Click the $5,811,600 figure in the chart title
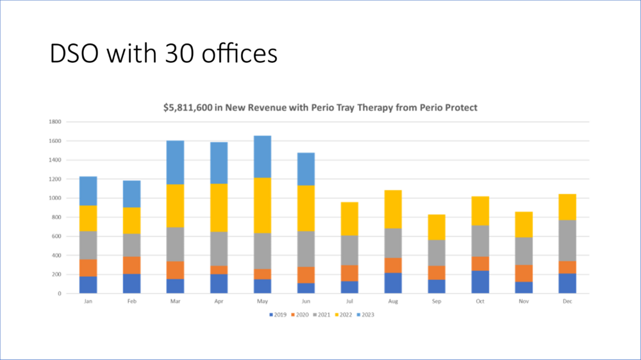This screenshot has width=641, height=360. [190, 108]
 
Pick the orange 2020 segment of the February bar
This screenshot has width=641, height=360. [131, 265]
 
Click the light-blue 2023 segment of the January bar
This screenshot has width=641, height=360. [88, 191]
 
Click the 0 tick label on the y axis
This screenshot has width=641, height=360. [59, 293]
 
